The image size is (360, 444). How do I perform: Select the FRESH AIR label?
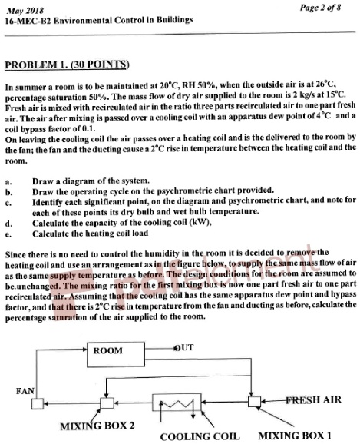(313, 400)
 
